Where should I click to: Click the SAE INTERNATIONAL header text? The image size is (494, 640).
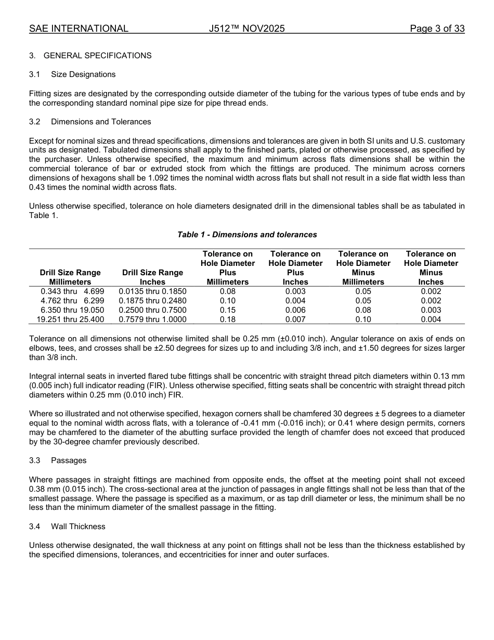79,29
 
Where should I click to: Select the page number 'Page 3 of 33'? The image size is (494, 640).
437,29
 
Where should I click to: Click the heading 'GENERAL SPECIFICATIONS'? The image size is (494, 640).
97,55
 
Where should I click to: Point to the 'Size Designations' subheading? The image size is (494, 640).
83,74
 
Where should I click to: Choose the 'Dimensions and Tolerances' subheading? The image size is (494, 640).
101,122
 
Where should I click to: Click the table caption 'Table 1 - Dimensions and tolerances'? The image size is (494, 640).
247,235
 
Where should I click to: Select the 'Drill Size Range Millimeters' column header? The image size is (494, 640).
70,277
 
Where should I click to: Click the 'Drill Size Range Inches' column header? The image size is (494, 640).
152,277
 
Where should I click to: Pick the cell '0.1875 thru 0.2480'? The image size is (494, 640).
152,301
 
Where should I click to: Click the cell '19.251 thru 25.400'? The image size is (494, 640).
70,319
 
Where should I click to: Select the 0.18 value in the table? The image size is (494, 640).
228,319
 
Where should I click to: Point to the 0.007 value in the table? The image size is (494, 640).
295,319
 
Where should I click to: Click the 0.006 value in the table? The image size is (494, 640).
295,310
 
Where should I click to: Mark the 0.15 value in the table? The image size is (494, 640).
228,310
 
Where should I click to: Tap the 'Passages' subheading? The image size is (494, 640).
69,460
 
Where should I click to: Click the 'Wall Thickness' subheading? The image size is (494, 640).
78,527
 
